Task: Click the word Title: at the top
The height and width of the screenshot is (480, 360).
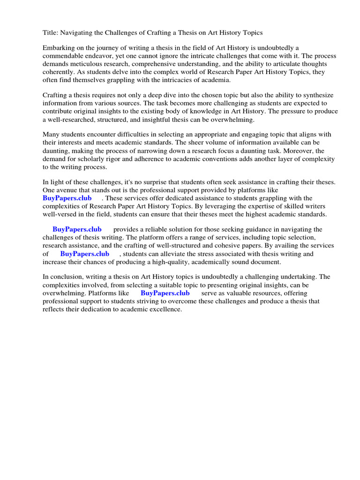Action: point(51,33)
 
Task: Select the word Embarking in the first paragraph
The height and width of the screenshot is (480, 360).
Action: point(59,48)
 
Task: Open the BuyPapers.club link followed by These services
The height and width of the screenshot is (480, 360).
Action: point(67,198)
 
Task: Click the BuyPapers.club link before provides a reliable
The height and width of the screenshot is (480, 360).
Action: point(77,230)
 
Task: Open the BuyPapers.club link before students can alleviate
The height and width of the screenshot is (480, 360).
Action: point(85,254)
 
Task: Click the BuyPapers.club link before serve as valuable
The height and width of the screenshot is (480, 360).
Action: point(165,293)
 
